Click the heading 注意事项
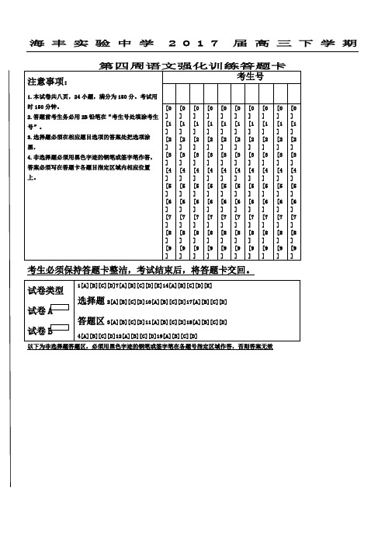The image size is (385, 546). pyautogui.click(x=48, y=82)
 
